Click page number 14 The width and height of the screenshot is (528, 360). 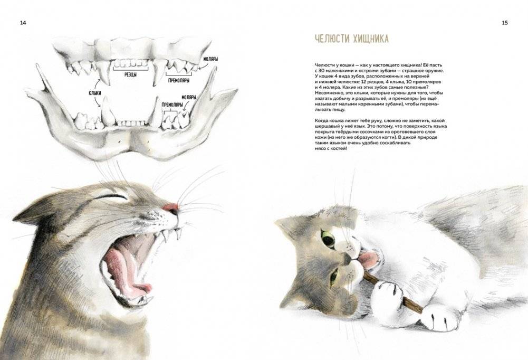coord(23,23)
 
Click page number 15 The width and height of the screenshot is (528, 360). coord(505,23)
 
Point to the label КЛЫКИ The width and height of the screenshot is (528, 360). coord(95,93)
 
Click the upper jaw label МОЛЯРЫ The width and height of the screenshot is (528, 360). coord(210,59)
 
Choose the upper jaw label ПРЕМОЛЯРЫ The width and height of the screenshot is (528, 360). coord(178,80)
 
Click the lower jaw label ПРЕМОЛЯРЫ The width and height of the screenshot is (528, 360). coord(172,105)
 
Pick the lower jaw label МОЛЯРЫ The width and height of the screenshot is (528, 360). coord(189,97)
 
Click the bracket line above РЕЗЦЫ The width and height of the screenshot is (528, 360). coord(131,69)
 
